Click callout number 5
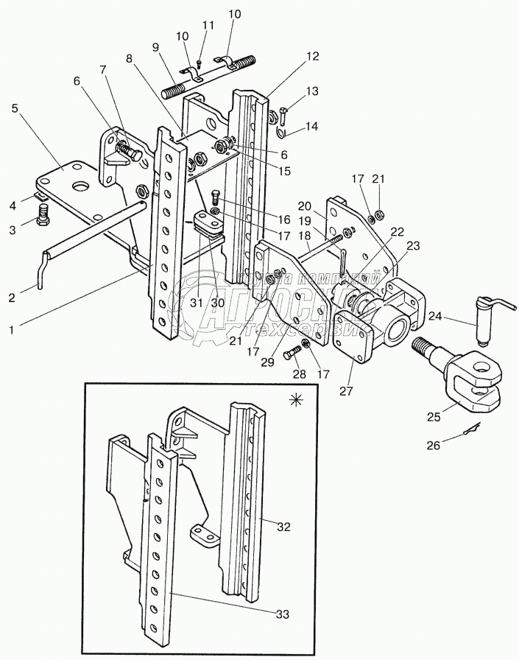15,108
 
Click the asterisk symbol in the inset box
296,400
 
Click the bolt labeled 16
215,197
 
